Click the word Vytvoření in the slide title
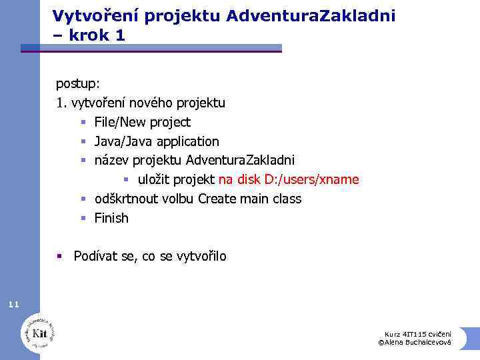[x=90, y=15]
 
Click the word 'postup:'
[x=77, y=84]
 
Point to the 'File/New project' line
[x=142, y=122]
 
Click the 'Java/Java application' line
[x=157, y=141]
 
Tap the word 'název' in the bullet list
[x=111, y=161]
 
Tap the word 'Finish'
[x=111, y=218]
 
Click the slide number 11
[x=14, y=305]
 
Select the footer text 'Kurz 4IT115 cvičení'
[x=418, y=333]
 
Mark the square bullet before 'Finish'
[x=84, y=218]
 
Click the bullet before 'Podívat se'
[x=60, y=256]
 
